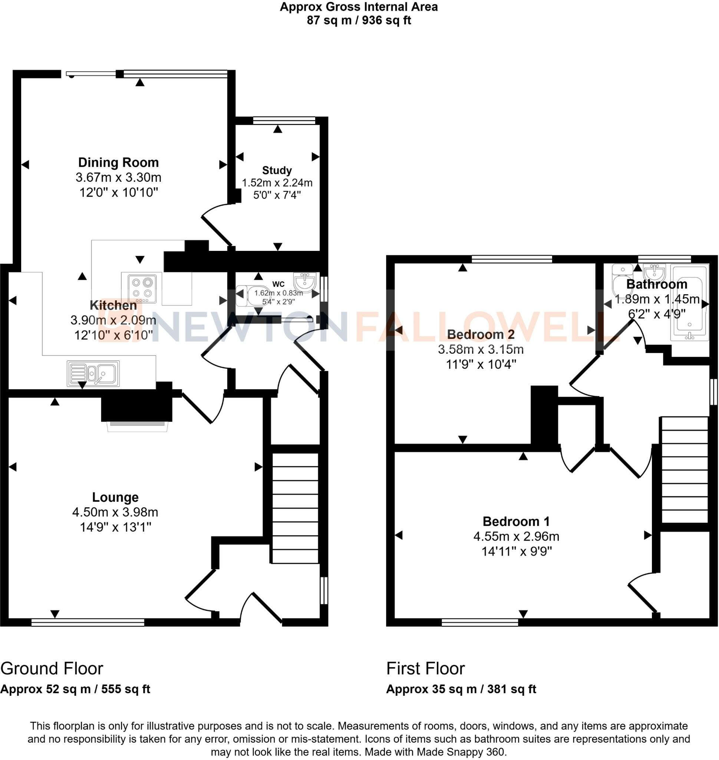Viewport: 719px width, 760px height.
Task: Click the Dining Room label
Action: [118, 163]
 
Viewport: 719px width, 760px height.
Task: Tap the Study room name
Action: [277, 170]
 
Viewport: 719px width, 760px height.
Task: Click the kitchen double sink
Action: [93, 373]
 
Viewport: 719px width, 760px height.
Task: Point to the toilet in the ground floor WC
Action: [253, 295]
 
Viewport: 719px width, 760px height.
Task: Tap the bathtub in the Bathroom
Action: [689, 303]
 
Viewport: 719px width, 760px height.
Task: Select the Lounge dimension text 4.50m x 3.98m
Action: [115, 512]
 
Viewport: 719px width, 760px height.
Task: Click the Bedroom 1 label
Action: [516, 521]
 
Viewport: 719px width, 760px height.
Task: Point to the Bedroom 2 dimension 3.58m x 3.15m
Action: [481, 350]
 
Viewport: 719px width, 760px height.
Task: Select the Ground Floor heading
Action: [52, 669]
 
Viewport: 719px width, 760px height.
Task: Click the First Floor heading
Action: [425, 669]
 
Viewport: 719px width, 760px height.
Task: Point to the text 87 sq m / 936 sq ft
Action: [359, 20]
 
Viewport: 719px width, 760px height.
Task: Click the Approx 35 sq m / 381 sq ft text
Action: [461, 689]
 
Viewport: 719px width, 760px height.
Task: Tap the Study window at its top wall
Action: [284, 121]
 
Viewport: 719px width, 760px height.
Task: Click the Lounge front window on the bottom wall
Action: [88, 622]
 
